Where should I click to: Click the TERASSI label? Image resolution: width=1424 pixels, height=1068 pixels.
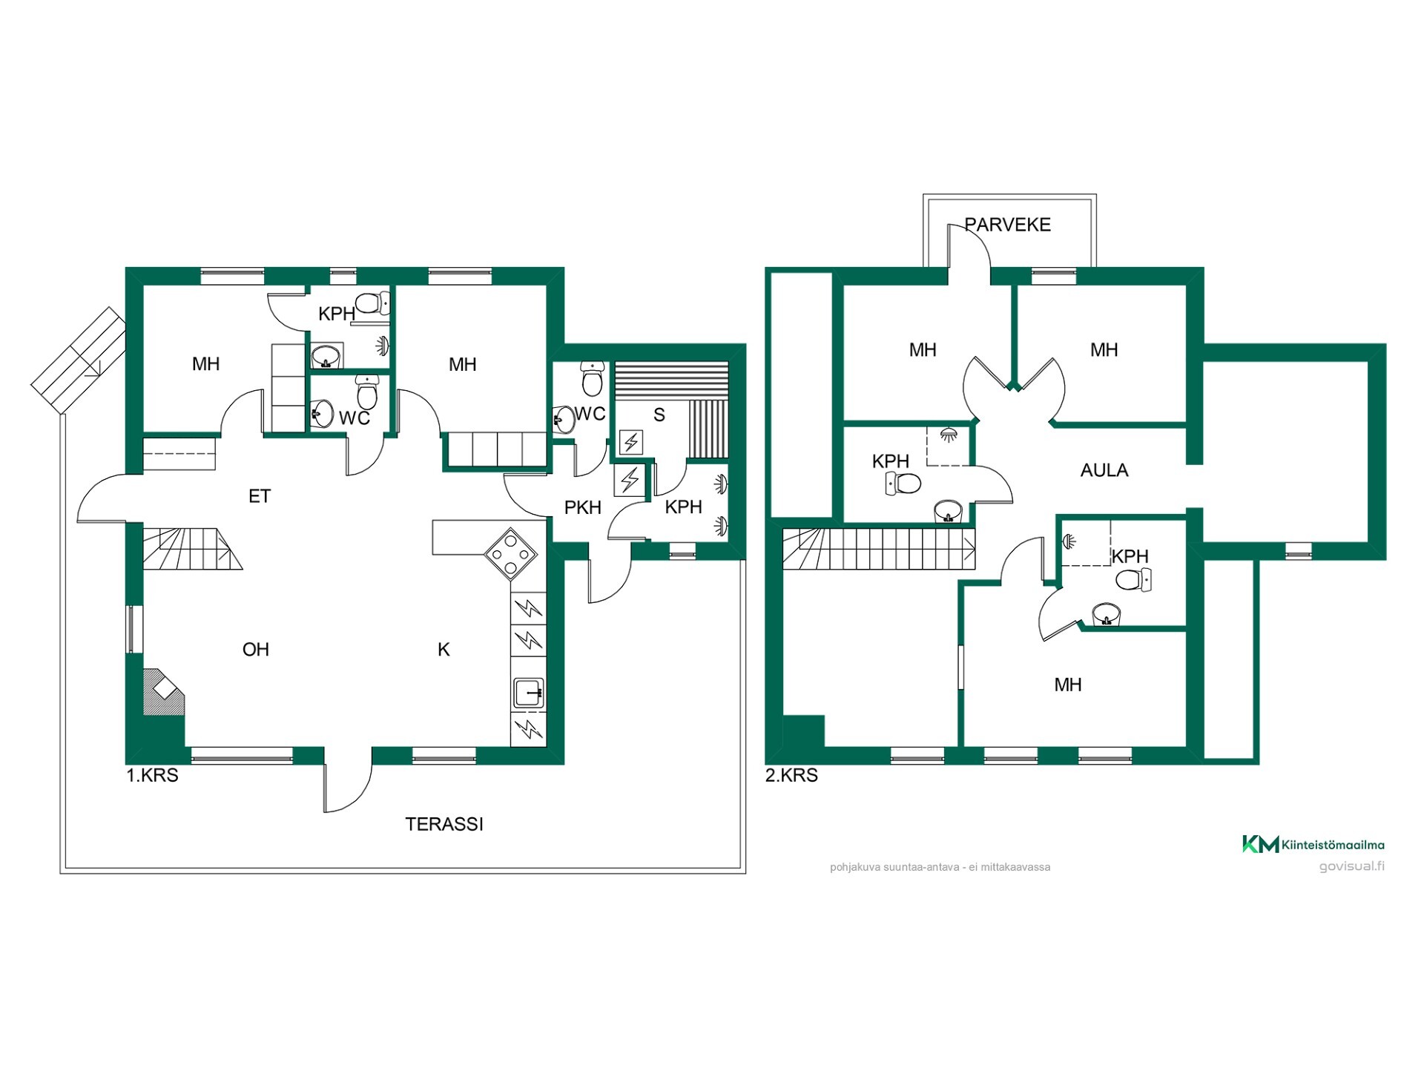click(x=444, y=824)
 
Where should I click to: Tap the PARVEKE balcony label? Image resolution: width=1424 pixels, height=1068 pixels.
click(x=1007, y=225)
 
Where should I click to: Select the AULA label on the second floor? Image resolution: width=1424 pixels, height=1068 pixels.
click(x=1104, y=470)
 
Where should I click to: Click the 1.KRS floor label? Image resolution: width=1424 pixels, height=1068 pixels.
click(x=152, y=776)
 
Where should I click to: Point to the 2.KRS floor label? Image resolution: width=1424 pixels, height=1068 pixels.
click(x=791, y=776)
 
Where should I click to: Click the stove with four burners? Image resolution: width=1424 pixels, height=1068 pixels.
click(x=511, y=553)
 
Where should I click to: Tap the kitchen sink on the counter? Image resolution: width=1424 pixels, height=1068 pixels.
click(x=529, y=693)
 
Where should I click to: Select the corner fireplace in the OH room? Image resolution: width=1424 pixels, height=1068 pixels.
click(x=162, y=693)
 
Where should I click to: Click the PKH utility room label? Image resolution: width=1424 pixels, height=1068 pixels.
click(x=583, y=508)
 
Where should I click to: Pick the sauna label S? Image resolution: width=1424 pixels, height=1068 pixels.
click(x=659, y=415)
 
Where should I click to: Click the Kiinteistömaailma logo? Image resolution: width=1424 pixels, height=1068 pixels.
click(x=1313, y=844)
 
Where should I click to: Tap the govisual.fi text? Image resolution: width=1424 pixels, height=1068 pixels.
click(x=1351, y=866)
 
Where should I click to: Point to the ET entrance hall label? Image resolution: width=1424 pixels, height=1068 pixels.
click(x=260, y=496)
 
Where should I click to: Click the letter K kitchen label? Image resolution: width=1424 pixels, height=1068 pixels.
click(x=444, y=650)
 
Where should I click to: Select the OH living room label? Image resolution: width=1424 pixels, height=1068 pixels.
click(x=256, y=650)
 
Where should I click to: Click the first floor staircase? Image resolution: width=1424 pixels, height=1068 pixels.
click(x=191, y=549)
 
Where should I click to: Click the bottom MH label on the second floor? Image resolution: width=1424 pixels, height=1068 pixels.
click(x=1068, y=685)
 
